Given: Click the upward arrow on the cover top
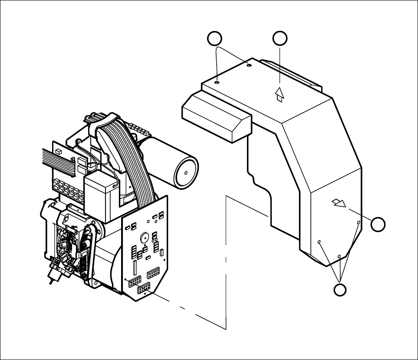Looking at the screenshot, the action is (280, 94).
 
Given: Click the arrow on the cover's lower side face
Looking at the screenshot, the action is (339, 203).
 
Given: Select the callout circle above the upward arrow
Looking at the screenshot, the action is (280, 39).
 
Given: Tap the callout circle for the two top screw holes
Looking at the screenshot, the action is (214, 39).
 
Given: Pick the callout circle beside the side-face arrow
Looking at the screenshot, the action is (378, 224).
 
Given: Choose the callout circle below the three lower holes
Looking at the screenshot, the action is (341, 290).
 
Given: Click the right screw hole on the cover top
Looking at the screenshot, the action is (249, 65).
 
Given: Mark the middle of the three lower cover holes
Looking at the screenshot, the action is (339, 257).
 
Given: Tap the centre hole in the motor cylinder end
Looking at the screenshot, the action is (186, 172).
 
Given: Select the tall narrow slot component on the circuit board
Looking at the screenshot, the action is (135, 267).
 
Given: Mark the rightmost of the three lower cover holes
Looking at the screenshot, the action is (359, 223).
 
